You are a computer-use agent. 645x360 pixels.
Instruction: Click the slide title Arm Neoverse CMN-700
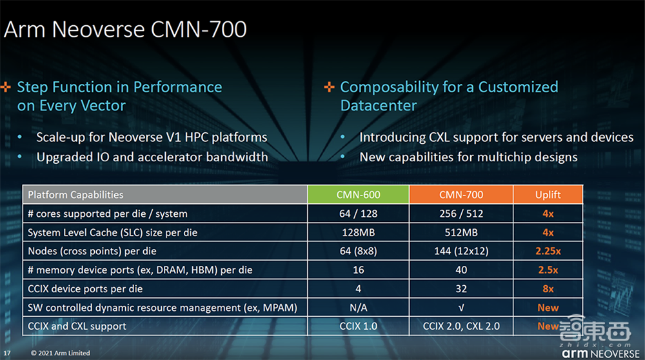pyautogui.click(x=126, y=30)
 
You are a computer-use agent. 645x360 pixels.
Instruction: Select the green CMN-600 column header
pyautogui.click(x=358, y=194)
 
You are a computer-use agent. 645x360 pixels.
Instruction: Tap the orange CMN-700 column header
pyautogui.click(x=461, y=194)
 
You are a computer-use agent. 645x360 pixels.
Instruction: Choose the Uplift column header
pyautogui.click(x=548, y=194)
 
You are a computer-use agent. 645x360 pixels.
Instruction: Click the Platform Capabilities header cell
pyautogui.click(x=75, y=194)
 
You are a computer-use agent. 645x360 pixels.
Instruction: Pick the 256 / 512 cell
pyautogui.click(x=461, y=214)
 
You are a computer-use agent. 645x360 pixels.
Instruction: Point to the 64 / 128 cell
pyautogui.click(x=358, y=214)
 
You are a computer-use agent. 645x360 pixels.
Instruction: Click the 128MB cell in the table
pyautogui.click(x=358, y=232)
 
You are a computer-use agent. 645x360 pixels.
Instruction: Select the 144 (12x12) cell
pyautogui.click(x=461, y=251)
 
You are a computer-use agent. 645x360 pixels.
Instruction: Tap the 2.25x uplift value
pyautogui.click(x=548, y=251)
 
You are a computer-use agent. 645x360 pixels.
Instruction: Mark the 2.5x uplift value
pyautogui.click(x=548, y=270)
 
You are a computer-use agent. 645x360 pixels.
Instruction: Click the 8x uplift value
pyautogui.click(x=548, y=288)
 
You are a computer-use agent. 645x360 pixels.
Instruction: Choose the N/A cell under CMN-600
pyautogui.click(x=358, y=308)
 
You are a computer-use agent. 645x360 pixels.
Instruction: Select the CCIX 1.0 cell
pyautogui.click(x=358, y=326)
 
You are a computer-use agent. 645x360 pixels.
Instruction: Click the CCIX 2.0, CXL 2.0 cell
pyautogui.click(x=461, y=326)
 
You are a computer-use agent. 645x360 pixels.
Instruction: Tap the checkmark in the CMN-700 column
pyautogui.click(x=461, y=308)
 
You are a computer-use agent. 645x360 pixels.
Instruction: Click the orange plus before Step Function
pyautogui.click(x=6, y=86)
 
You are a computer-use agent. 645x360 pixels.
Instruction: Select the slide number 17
pyautogui.click(x=7, y=353)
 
